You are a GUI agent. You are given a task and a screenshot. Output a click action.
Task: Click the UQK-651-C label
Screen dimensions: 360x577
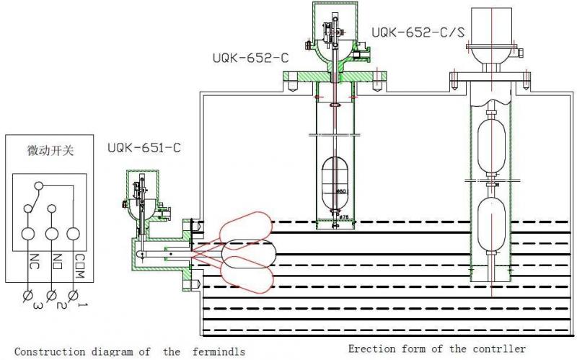pyautogui.click(x=144, y=149)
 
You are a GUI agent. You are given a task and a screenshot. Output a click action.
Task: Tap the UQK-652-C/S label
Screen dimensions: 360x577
pyautogui.click(x=418, y=32)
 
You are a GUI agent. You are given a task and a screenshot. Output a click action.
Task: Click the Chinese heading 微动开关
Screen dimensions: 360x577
pyautogui.click(x=50, y=152)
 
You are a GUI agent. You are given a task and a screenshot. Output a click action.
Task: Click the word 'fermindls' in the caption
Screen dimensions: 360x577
pyautogui.click(x=216, y=352)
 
